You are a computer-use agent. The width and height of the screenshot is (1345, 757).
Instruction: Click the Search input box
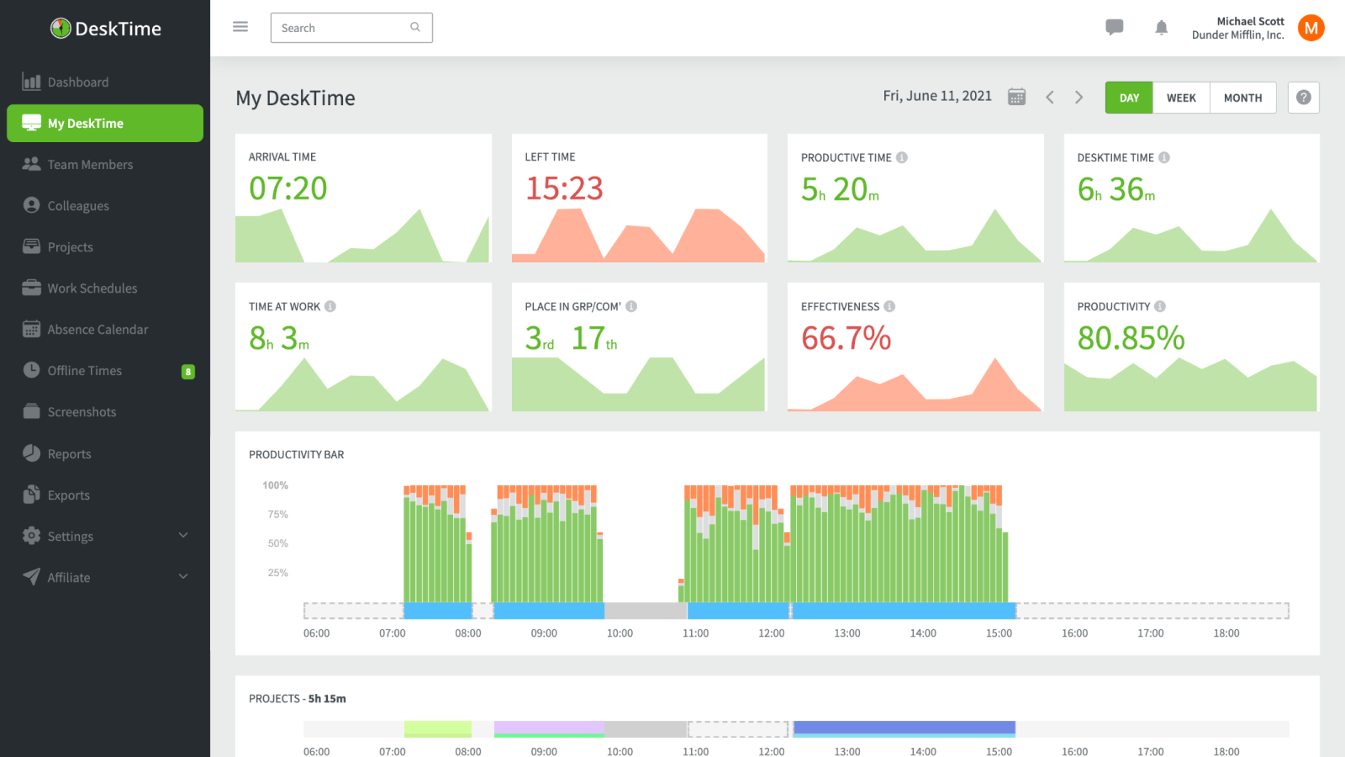tap(340, 28)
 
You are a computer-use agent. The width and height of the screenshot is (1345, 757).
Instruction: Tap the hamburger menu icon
tap(240, 27)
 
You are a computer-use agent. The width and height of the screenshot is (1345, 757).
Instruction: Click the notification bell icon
tap(1161, 28)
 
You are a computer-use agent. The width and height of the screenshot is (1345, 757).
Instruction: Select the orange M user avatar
tap(1311, 28)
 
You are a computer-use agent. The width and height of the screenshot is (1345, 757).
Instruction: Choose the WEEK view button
tap(1181, 98)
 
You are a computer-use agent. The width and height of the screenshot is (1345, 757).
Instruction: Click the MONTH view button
tap(1242, 98)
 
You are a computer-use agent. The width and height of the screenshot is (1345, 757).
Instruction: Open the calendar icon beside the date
tap(1016, 97)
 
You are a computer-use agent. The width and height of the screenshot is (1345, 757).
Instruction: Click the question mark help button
tap(1303, 98)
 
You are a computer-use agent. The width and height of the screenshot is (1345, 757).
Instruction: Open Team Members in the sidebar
tap(90, 165)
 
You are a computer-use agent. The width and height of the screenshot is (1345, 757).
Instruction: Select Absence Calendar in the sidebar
tap(98, 330)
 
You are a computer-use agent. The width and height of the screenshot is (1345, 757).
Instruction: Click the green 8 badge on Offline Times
tap(188, 372)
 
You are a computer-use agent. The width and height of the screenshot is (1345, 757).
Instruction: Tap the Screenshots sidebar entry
tap(82, 412)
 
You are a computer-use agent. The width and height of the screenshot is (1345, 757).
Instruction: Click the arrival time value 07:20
tap(287, 188)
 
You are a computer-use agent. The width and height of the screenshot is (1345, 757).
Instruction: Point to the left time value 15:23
tap(564, 188)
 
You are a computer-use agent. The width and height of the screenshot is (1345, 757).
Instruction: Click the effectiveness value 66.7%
tap(846, 338)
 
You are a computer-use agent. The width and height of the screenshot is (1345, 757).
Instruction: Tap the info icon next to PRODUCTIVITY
tap(1160, 306)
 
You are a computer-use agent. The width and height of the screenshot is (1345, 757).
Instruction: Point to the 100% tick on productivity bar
tap(275, 485)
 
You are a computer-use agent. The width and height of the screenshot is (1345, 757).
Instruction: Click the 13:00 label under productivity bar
tap(847, 633)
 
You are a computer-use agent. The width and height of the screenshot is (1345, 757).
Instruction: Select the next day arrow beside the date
tap(1079, 98)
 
